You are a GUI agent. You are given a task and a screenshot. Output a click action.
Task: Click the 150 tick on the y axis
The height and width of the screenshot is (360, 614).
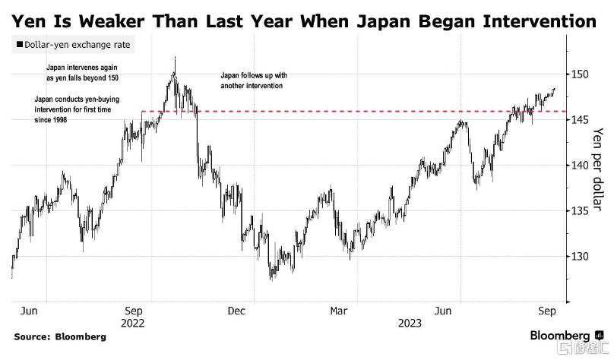point(581,74)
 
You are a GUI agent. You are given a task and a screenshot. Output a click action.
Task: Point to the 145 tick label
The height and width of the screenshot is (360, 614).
point(581,120)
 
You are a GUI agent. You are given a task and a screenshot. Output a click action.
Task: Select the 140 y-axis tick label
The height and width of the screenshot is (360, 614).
point(581,166)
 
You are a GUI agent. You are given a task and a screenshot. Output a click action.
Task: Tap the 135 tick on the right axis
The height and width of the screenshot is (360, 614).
point(581,211)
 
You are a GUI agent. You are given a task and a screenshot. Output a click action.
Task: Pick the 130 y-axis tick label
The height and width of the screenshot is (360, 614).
point(581,257)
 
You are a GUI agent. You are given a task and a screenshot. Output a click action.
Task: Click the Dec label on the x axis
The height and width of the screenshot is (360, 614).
point(236,311)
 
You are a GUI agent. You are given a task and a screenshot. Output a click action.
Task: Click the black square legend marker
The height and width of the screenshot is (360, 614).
point(19,46)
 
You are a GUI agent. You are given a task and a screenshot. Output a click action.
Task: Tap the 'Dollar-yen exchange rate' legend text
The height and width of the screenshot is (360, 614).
point(78,46)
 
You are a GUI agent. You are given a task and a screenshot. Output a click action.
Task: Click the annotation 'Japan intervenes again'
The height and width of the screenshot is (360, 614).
point(83,68)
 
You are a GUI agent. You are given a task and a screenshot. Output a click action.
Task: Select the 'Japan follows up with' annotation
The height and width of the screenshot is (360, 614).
point(253,76)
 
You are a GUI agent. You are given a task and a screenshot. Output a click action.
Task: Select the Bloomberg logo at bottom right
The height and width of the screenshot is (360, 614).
point(559,336)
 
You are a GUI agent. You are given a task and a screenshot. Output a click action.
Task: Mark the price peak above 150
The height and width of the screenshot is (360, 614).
point(176,58)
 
